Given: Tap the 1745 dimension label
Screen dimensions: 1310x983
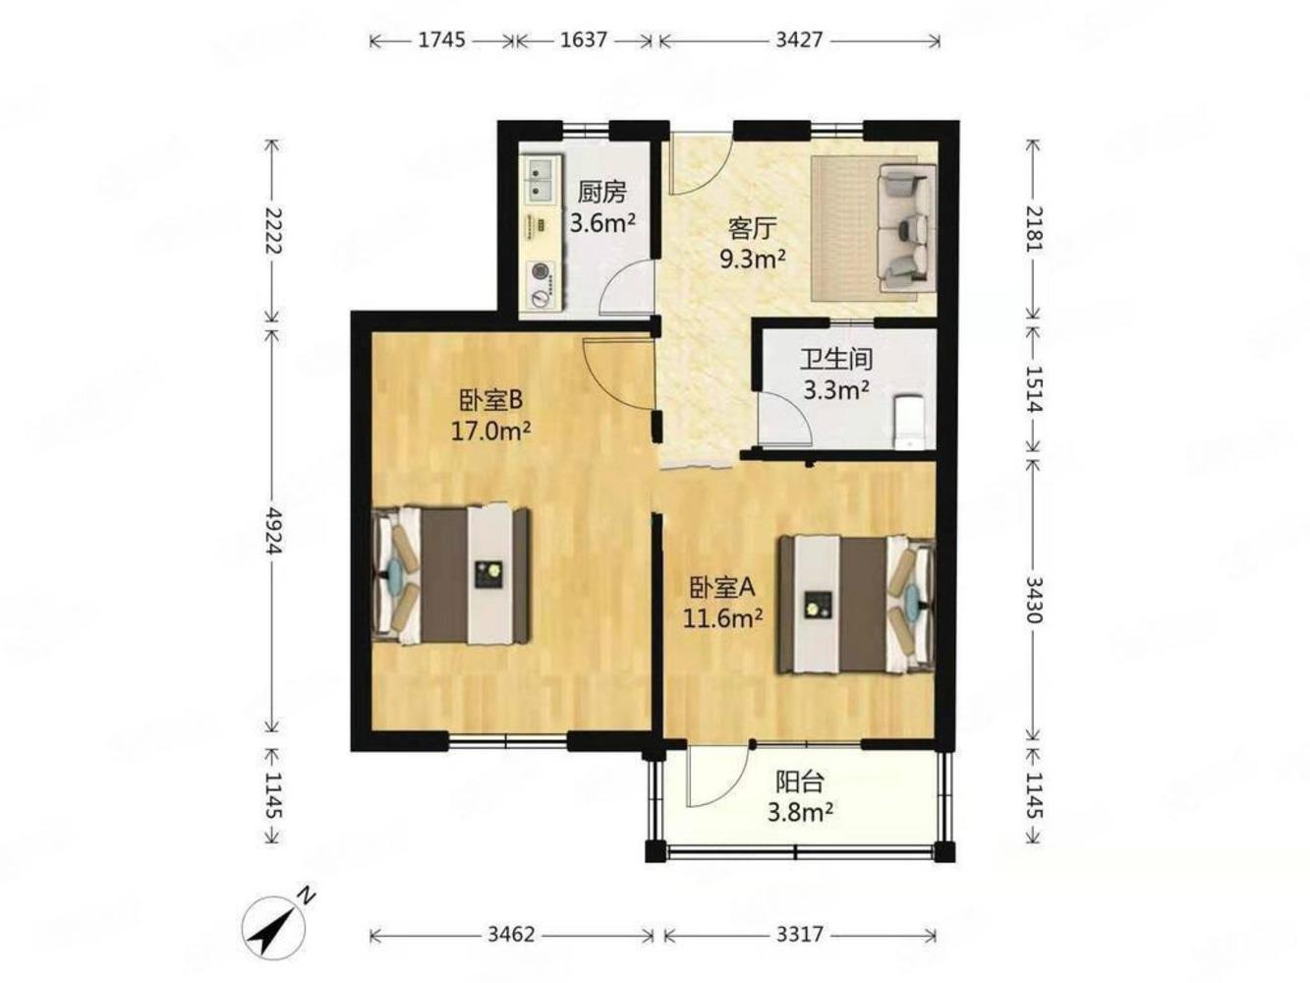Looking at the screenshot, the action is pos(440,40).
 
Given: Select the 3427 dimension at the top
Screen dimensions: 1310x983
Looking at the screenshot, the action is pos(799,40).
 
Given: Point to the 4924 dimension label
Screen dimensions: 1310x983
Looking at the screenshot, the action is pos(272,530).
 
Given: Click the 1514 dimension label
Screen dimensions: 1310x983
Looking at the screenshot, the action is pos(1033,387).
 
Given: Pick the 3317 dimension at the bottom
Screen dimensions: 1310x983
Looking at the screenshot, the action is pos(799,934).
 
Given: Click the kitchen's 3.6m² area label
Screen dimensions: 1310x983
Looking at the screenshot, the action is pos(601,224).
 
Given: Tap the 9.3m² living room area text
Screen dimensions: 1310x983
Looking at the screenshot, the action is pos(752,260).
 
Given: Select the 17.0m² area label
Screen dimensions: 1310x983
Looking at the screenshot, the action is pos(490,431).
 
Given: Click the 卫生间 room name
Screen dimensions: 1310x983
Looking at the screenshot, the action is pos(836,360).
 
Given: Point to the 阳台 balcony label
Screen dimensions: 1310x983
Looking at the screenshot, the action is pos(800,781).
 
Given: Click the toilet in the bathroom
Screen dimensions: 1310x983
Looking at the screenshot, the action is pos(908,422).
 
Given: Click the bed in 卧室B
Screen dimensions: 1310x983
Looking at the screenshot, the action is pos(451,576).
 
